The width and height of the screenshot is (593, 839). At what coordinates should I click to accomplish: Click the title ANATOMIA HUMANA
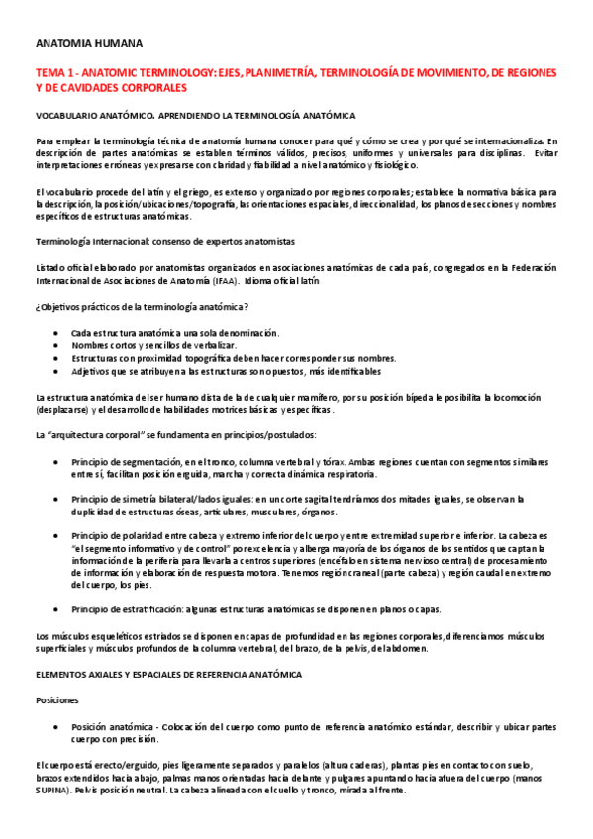(89, 44)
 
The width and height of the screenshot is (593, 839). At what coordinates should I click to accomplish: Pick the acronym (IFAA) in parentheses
(229, 282)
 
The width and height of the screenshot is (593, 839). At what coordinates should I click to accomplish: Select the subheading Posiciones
(57, 699)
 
